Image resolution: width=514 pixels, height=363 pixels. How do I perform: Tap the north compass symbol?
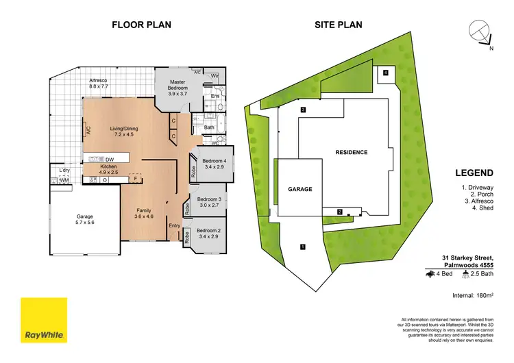point(480,32)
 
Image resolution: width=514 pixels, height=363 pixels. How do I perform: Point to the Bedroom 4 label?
point(215,163)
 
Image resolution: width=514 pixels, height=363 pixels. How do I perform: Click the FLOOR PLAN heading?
point(141,25)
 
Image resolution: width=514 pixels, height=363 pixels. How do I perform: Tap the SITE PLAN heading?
point(338,25)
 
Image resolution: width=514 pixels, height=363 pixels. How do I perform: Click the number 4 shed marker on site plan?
point(386,73)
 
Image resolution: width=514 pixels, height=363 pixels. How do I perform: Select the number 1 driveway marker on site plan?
point(302,246)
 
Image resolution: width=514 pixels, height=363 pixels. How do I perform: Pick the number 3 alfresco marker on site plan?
point(302,110)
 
